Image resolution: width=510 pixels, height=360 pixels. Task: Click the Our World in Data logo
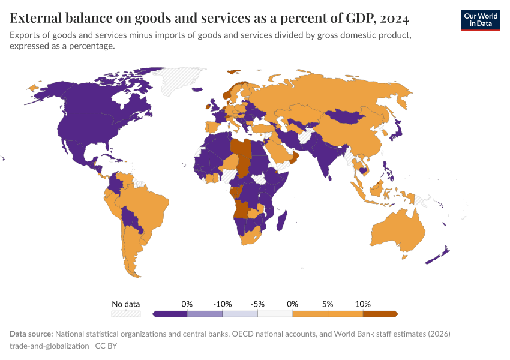(480, 20)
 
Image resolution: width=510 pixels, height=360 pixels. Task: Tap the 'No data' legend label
(125, 304)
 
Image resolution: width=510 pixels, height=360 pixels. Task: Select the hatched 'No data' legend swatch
(125, 313)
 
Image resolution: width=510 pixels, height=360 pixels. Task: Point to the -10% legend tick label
(223, 304)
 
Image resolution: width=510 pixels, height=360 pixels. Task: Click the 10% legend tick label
(362, 304)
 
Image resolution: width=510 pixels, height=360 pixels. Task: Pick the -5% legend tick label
(257, 304)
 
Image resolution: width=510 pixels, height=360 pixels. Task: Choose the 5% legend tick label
(328, 304)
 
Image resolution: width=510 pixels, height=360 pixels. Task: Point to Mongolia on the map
(344, 116)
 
